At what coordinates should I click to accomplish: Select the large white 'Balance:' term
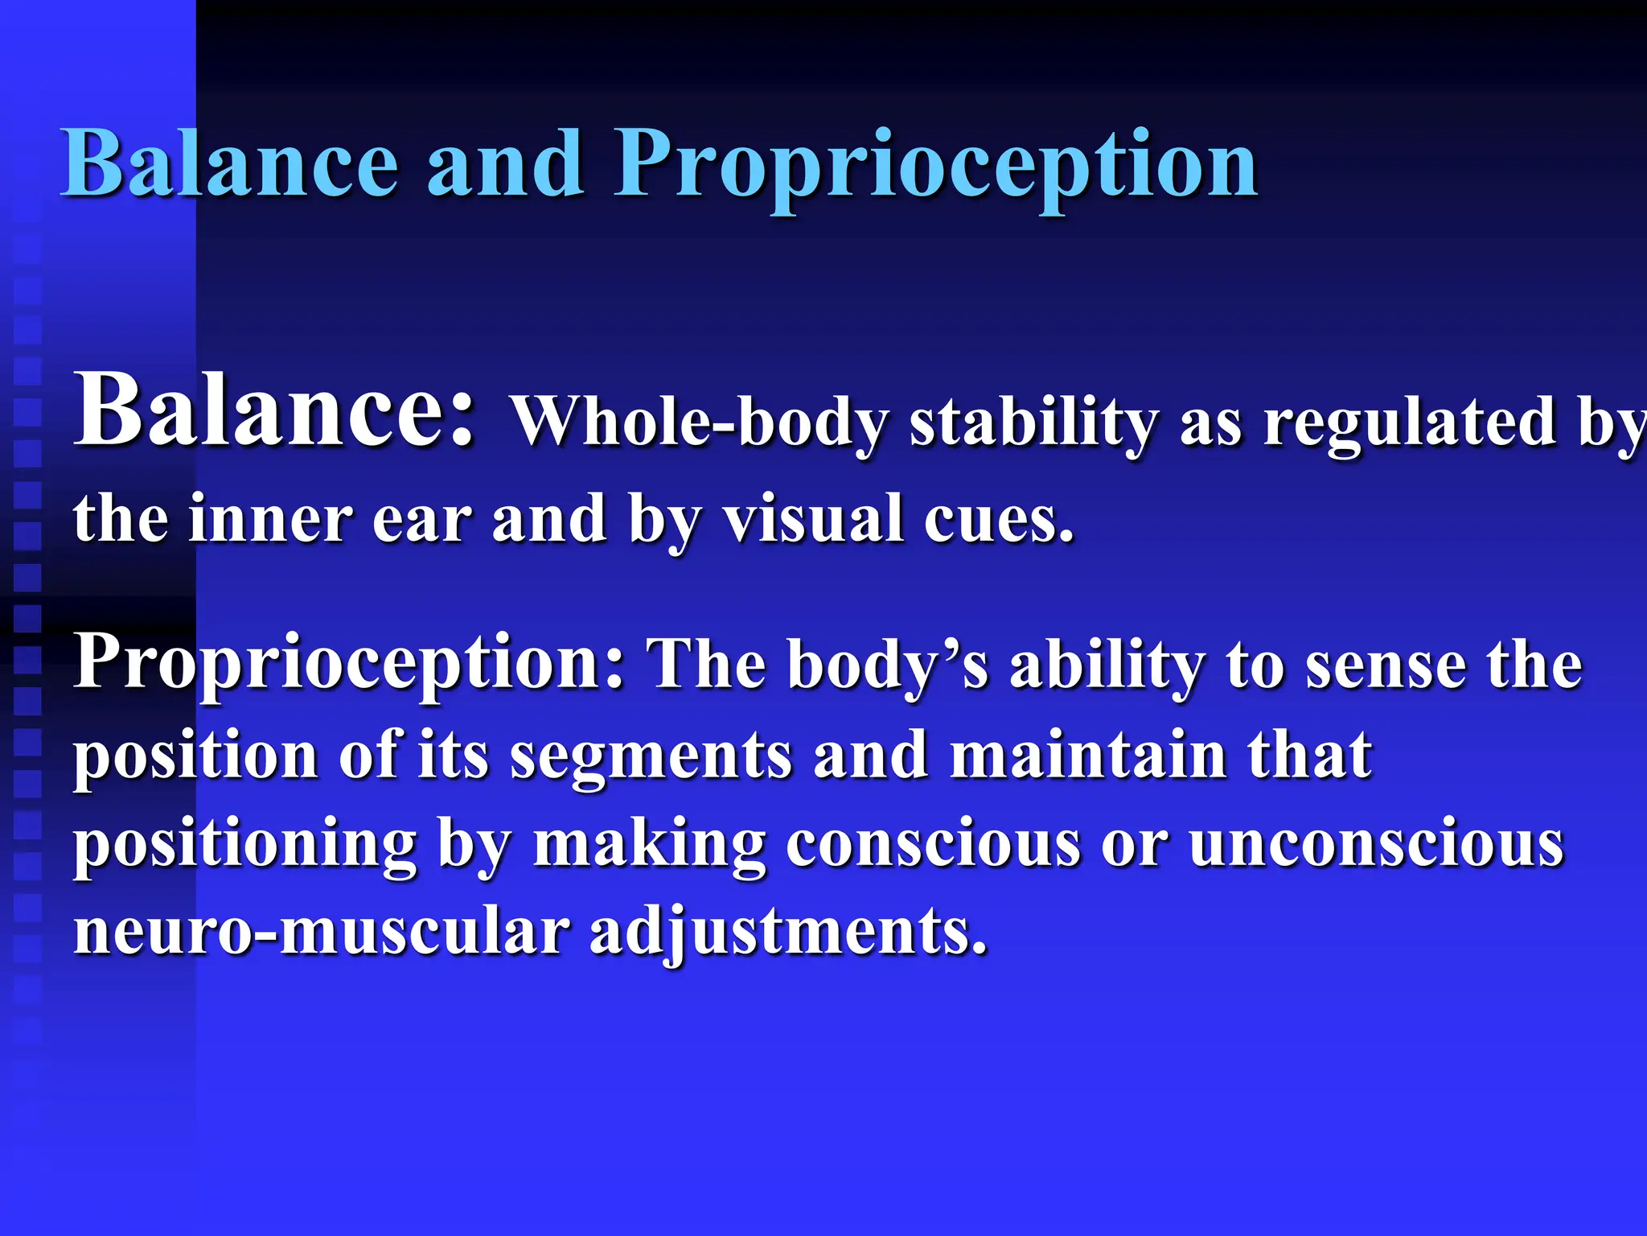coord(273,410)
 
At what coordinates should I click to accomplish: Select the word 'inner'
coord(270,519)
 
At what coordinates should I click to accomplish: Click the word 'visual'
coord(812,519)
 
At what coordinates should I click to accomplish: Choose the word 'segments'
coord(651,756)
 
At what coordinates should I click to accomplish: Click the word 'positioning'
coord(245,845)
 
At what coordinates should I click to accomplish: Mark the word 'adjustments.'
coord(787,933)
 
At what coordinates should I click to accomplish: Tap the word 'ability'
coord(1107,666)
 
